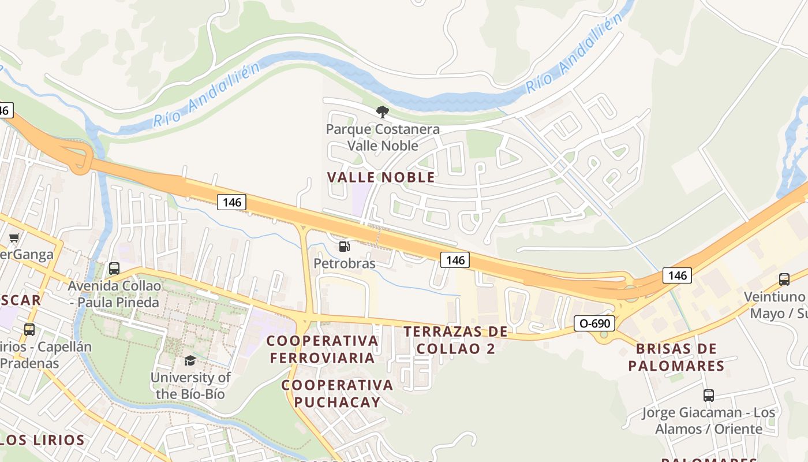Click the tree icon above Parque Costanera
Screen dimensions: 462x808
382,111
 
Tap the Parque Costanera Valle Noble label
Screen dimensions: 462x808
383,137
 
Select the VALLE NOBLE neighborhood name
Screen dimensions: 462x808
381,177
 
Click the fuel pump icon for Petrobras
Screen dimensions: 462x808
344,247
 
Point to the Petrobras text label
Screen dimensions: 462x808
345,263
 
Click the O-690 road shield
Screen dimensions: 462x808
593,323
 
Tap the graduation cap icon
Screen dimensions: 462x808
190,361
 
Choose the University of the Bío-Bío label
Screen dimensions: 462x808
190,386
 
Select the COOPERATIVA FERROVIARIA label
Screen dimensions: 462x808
322,349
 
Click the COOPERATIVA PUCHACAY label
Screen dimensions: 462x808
338,393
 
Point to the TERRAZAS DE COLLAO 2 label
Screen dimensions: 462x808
456,340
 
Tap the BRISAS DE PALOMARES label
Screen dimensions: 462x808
676,357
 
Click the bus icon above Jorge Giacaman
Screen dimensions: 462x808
709,396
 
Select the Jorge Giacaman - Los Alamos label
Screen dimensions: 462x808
709,421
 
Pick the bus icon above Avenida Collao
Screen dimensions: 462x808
114,269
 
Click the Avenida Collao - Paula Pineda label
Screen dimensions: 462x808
114,294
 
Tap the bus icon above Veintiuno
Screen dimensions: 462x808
784,280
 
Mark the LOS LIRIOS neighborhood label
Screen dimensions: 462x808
43,440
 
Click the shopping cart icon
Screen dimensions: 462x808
14,237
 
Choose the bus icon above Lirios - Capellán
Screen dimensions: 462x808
29,330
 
